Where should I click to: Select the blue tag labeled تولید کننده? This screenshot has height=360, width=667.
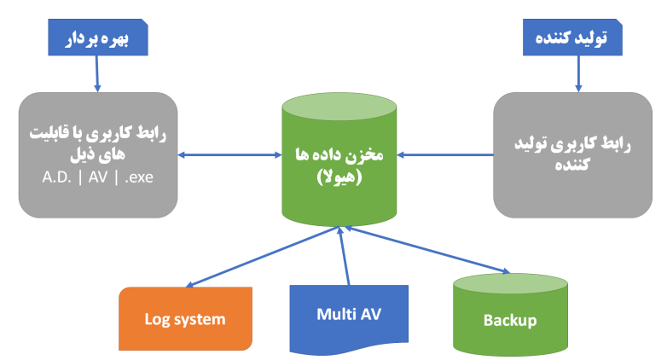[572, 39]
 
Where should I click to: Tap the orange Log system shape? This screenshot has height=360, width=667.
[185, 319]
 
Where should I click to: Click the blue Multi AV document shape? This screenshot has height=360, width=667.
[349, 314]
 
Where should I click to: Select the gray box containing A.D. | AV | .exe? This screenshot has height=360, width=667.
[98, 154]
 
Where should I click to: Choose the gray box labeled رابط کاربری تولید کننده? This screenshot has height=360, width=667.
[572, 154]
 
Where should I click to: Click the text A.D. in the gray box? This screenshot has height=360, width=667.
[56, 179]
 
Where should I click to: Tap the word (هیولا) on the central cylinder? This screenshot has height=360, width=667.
[339, 177]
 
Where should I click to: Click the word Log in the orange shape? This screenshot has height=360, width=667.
[159, 320]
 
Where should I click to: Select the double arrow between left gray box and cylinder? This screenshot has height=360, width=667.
[229, 154]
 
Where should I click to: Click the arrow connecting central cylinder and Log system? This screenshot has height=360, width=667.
[264, 256]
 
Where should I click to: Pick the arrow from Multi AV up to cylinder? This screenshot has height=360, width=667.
[344, 256]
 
